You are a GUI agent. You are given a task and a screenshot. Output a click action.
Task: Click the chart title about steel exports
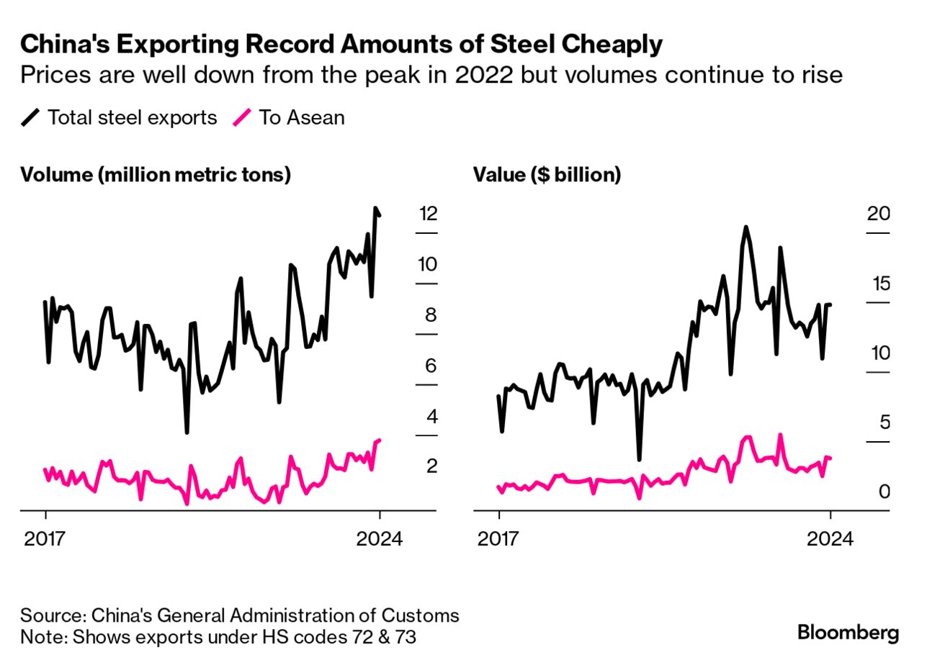[x=341, y=45]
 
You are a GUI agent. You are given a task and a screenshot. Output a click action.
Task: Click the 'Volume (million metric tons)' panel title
[x=156, y=175]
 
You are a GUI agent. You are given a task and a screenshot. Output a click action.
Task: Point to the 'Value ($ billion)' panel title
[x=547, y=175]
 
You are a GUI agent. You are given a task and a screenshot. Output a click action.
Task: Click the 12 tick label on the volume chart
[x=428, y=214]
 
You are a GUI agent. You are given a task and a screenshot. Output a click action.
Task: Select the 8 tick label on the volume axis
[x=431, y=315]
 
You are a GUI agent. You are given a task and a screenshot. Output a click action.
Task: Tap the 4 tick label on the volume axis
[x=431, y=417]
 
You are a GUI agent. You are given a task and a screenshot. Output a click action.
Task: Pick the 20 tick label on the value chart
[x=879, y=214]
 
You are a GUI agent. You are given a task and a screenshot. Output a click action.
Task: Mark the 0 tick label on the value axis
[x=884, y=492]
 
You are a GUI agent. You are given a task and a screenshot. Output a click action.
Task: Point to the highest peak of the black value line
[x=745, y=227]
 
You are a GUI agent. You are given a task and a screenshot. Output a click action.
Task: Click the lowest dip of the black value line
[x=639, y=458]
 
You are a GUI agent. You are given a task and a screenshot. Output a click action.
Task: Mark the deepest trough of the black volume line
[x=187, y=432]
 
